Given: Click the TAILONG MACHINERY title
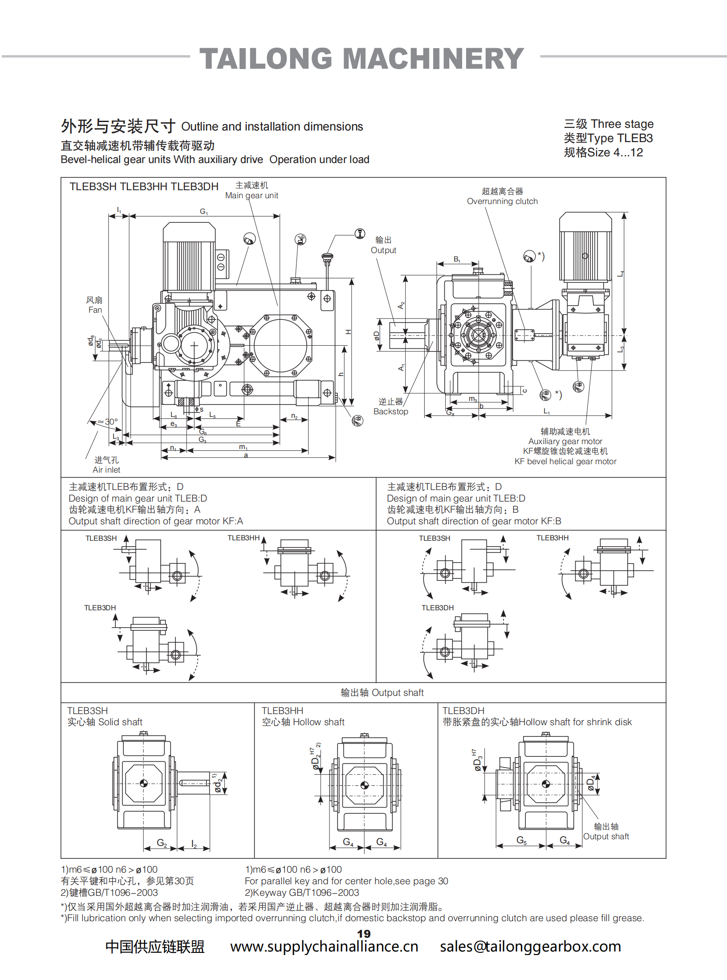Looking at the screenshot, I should [361, 59].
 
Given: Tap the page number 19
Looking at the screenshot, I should [364, 933].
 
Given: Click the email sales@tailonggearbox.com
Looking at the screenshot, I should [530, 947].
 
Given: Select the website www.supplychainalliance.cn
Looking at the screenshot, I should [324, 947].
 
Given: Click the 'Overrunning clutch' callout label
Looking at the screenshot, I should [502, 201].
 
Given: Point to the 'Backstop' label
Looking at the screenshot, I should [390, 412].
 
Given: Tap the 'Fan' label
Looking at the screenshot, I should [95, 310].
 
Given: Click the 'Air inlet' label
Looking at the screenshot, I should [106, 470].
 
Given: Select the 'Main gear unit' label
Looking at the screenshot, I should [252, 196].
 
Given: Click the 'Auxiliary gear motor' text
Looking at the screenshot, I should [565, 441].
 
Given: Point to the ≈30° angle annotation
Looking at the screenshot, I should [108, 422].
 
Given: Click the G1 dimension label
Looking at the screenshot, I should [204, 212].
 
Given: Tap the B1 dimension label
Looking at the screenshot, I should [457, 259].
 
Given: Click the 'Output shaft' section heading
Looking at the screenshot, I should [382, 693].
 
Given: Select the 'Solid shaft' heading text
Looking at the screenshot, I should [105, 722].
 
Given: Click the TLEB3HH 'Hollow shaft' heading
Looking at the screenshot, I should [303, 722].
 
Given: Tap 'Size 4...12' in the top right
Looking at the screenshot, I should [603, 153].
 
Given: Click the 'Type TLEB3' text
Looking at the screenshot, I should [608, 139].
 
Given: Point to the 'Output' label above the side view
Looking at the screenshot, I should [383, 250].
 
